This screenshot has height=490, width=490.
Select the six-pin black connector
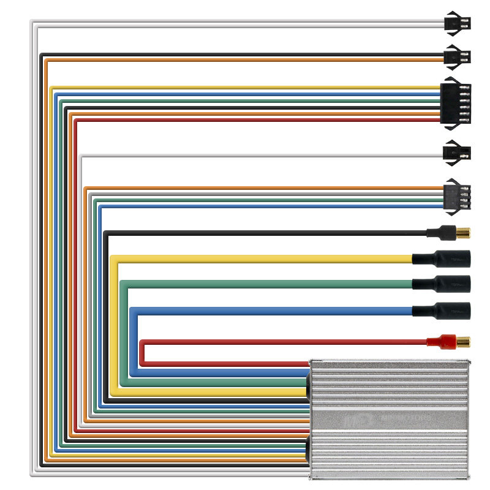click(456, 104)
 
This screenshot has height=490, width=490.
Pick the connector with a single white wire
click(457, 152)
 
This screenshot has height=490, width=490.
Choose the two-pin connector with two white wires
click(457, 24)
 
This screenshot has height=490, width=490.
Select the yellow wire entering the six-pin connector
click(245, 88)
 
